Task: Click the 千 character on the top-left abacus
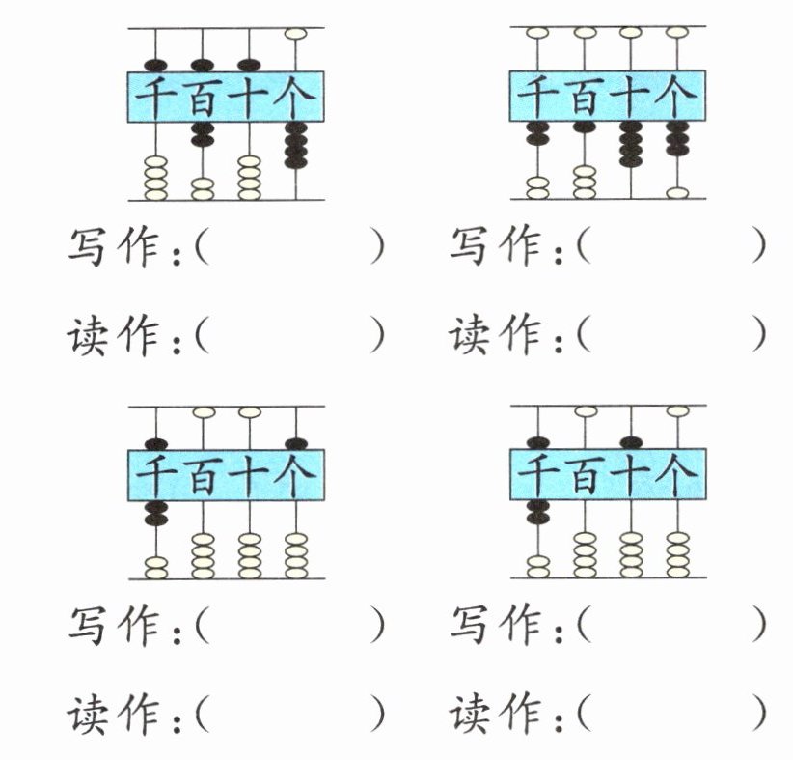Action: pyautogui.click(x=155, y=98)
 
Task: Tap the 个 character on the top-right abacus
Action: pyautogui.click(x=675, y=97)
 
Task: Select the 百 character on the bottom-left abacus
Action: pyautogui.click(x=203, y=475)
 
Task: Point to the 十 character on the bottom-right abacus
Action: pyautogui.click(x=630, y=474)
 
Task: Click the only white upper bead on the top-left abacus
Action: pyautogui.click(x=295, y=34)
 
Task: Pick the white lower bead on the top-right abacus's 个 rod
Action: pyautogui.click(x=677, y=193)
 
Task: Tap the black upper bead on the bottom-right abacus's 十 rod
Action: pyautogui.click(x=631, y=442)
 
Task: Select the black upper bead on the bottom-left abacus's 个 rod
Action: pyautogui.click(x=296, y=444)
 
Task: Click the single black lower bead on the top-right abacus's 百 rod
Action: pyautogui.click(x=584, y=127)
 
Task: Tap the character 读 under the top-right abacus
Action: pyautogui.click(x=469, y=334)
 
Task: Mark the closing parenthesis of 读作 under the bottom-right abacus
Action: pyautogui.click(x=757, y=714)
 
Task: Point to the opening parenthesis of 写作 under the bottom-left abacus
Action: pyautogui.click(x=202, y=625)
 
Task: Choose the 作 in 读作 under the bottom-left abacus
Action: pyautogui.click(x=138, y=715)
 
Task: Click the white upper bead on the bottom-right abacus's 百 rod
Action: pyautogui.click(x=586, y=411)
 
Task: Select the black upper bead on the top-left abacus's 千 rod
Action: pyautogui.click(x=155, y=66)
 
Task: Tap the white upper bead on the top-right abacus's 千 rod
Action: pyautogui.click(x=537, y=33)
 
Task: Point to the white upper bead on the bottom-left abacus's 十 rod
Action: pyautogui.click(x=249, y=412)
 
